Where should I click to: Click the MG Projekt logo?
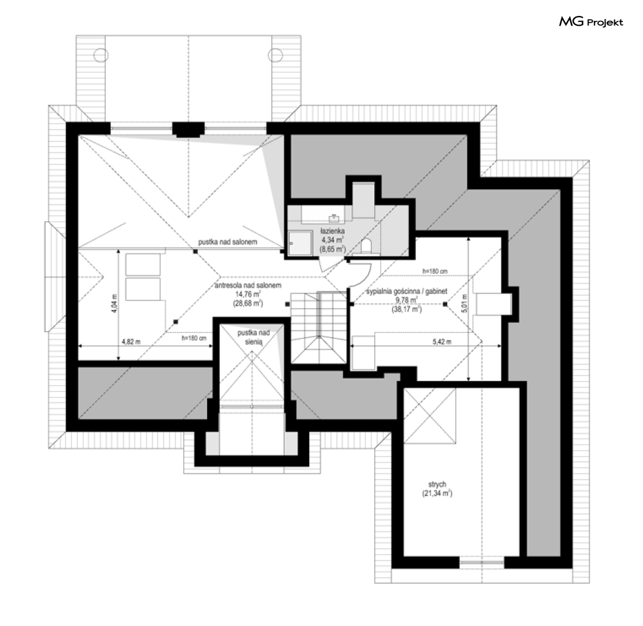point(591,21)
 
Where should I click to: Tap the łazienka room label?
point(332,232)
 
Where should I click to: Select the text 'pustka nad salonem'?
point(228,242)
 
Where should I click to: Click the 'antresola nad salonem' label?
point(248,285)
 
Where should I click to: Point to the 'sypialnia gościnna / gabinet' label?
point(407,292)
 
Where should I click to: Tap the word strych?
point(437,485)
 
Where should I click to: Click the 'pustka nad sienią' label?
point(254,337)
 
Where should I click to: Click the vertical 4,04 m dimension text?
point(115,303)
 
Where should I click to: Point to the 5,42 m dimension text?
point(442,342)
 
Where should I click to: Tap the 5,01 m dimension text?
point(464,303)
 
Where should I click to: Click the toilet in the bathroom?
point(366,247)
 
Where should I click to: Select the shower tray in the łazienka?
point(300,243)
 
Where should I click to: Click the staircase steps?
point(318,327)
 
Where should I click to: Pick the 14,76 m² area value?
point(248,294)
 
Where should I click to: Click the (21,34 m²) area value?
point(437,494)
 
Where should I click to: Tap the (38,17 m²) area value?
point(407,309)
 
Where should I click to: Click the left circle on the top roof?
point(101,55)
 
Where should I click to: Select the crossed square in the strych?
point(429,416)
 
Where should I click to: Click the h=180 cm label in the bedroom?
point(435,271)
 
